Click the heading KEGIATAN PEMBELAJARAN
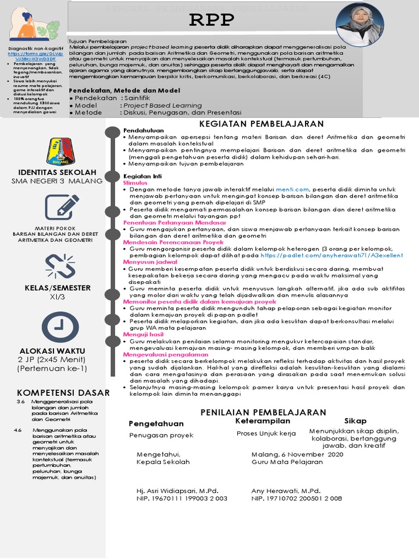(x=261, y=124)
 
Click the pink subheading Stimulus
(x=135, y=183)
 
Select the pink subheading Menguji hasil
(x=143, y=334)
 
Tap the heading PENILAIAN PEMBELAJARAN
(x=264, y=412)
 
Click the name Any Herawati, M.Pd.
(x=285, y=491)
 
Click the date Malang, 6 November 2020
(x=297, y=454)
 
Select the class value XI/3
(x=58, y=298)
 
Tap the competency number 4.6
(x=19, y=430)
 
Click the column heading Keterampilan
(x=263, y=421)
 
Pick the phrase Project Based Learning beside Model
(x=162, y=105)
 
